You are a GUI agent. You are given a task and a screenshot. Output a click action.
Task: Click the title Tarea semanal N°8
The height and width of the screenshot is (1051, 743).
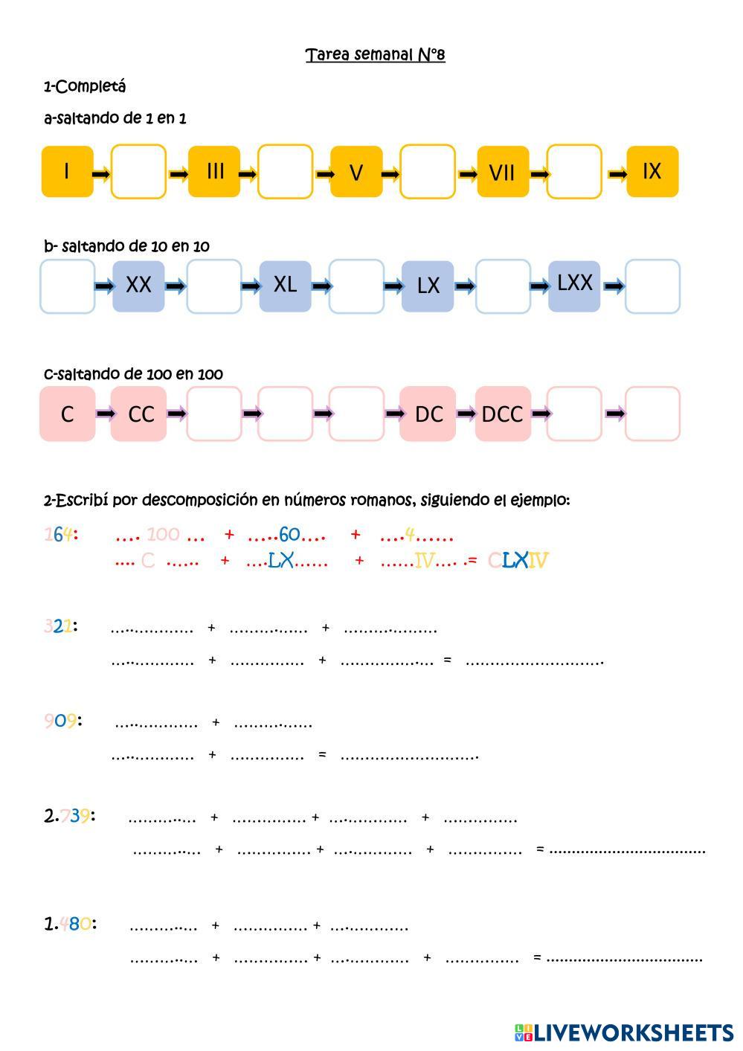[x=375, y=55]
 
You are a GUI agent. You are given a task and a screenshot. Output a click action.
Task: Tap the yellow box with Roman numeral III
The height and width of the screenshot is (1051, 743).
[x=214, y=172]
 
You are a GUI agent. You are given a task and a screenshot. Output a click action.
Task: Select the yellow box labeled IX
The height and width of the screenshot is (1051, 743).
[x=652, y=172]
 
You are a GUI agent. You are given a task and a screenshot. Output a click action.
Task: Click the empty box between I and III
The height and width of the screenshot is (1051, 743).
[x=138, y=172]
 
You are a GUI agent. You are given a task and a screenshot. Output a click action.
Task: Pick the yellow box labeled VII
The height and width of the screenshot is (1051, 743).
[x=502, y=172]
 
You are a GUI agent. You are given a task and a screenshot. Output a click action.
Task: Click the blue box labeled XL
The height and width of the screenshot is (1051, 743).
[x=285, y=286]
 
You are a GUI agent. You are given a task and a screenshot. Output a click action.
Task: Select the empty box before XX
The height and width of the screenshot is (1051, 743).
[x=68, y=286]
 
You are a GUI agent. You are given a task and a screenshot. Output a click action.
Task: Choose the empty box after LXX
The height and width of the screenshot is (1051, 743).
[x=652, y=286]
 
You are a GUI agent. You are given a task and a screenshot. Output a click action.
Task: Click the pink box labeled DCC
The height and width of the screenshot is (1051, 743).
[x=503, y=414]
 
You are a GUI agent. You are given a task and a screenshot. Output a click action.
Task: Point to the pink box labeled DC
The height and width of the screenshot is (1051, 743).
[x=428, y=414]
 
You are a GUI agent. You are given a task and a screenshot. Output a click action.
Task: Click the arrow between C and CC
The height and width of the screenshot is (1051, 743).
[x=105, y=414]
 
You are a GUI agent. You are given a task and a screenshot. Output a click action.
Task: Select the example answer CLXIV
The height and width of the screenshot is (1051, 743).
[x=518, y=561]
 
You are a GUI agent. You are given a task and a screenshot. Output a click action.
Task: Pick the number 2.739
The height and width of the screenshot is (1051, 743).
[x=68, y=816]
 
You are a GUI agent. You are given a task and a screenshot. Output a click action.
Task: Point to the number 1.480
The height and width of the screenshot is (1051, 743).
[x=68, y=925]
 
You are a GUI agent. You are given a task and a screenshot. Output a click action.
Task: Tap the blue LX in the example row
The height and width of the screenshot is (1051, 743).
[x=281, y=561]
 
